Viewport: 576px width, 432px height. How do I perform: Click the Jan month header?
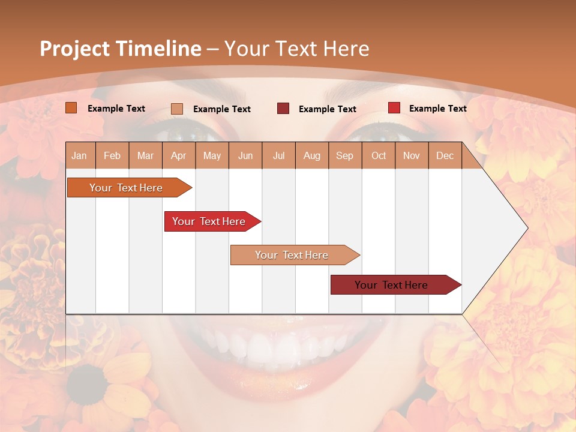(x=80, y=155)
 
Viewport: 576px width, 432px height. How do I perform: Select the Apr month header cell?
(x=178, y=155)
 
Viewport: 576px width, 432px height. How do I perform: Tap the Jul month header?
(x=278, y=155)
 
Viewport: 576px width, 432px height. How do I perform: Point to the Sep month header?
(x=344, y=155)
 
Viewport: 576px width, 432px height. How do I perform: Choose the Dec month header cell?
(x=445, y=155)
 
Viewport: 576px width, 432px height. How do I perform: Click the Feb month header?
(x=112, y=155)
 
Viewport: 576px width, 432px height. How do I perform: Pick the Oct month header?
(x=378, y=155)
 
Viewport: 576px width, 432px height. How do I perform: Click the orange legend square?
(x=71, y=108)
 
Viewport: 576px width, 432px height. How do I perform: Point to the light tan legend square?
(x=177, y=109)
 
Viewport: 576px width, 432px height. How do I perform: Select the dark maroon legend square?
(x=283, y=109)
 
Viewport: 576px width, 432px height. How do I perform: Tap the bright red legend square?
(x=394, y=108)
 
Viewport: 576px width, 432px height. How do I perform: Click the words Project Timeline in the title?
(x=120, y=49)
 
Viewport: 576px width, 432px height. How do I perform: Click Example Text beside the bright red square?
(x=437, y=109)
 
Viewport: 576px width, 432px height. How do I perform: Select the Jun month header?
(x=245, y=155)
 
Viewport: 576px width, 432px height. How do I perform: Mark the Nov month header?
(x=411, y=155)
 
